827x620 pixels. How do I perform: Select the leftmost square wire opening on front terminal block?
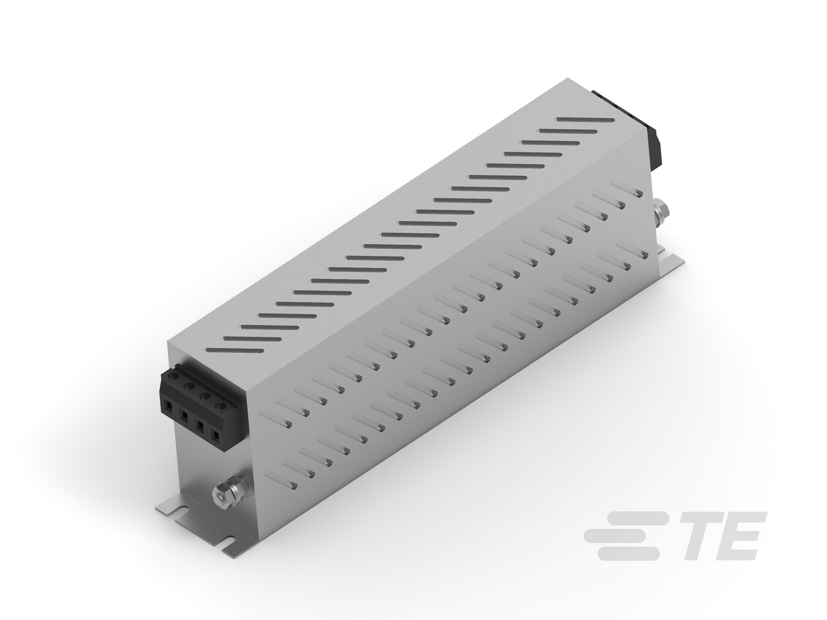[x=169, y=406]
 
